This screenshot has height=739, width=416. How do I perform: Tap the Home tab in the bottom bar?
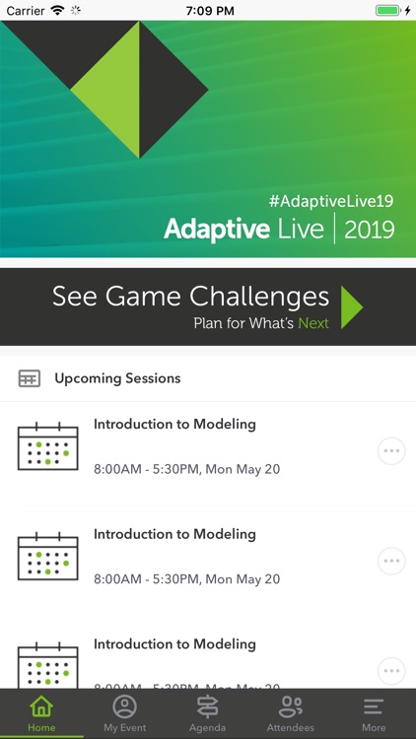41,713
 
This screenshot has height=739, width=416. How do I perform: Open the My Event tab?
124,713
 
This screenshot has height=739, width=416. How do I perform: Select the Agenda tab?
207,713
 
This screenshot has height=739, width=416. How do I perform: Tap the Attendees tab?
290,713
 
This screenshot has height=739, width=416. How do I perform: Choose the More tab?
374,713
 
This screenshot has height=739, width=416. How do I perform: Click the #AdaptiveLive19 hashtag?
331,200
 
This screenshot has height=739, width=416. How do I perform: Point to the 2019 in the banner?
369,230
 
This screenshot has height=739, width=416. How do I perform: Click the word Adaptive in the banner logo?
217,230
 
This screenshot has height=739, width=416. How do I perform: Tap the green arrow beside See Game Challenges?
352,307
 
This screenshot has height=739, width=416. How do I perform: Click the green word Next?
313,323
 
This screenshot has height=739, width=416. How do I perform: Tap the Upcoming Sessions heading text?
117,378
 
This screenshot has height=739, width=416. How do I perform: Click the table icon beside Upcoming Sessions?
30,378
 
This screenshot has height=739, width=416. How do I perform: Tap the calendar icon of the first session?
47,446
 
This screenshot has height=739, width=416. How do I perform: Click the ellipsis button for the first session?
391,451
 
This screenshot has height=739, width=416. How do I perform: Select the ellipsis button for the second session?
391,562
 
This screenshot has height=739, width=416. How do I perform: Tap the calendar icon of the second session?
47,557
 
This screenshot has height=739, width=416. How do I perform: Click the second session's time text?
186,579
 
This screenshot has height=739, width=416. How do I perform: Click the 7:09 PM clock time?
207,10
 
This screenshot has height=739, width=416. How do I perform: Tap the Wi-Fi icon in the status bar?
58,10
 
